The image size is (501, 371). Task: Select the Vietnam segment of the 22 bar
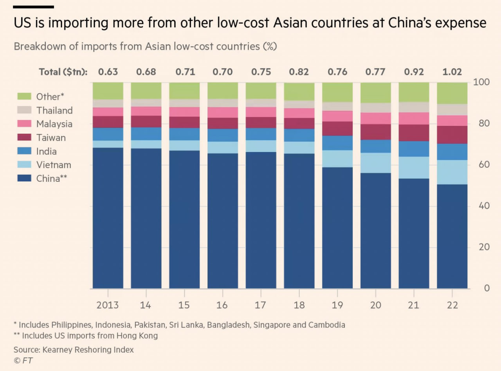tap(452, 172)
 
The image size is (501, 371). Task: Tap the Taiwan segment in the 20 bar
tap(376, 132)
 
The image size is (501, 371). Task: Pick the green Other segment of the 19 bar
tap(337, 92)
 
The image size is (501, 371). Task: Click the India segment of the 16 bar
tap(223, 135)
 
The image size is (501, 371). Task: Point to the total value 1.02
tap(452, 72)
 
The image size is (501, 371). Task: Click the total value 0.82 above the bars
tap(299, 72)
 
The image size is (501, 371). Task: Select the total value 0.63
tap(108, 72)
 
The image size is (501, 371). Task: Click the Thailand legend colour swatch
tap(24, 110)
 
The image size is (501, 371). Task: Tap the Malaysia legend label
tap(54, 124)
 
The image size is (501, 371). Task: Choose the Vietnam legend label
tap(54, 165)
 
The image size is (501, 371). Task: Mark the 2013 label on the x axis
tap(108, 305)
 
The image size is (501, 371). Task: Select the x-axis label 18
tap(299, 305)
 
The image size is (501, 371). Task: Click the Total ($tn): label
tap(63, 72)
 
